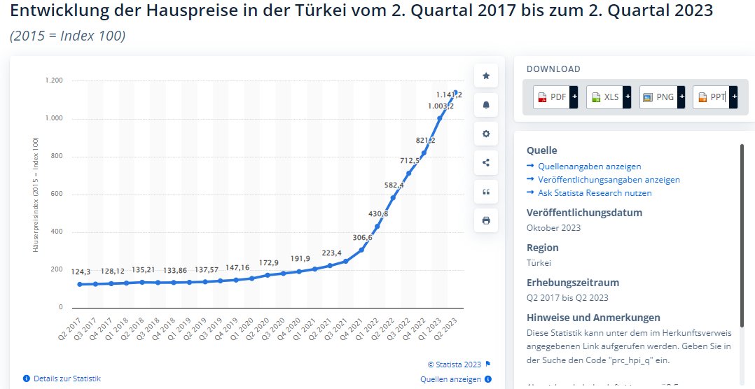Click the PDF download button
551,97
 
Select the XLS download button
604,97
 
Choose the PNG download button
658,97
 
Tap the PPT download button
711,97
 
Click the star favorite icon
486,76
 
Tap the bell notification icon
486,105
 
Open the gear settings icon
486,134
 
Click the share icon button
486,162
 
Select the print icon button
486,220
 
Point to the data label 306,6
362,238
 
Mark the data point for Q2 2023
456,92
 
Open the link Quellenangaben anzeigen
589,167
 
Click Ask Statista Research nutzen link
595,192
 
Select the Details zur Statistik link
67,379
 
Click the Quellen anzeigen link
450,379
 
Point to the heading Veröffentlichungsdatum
584,213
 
